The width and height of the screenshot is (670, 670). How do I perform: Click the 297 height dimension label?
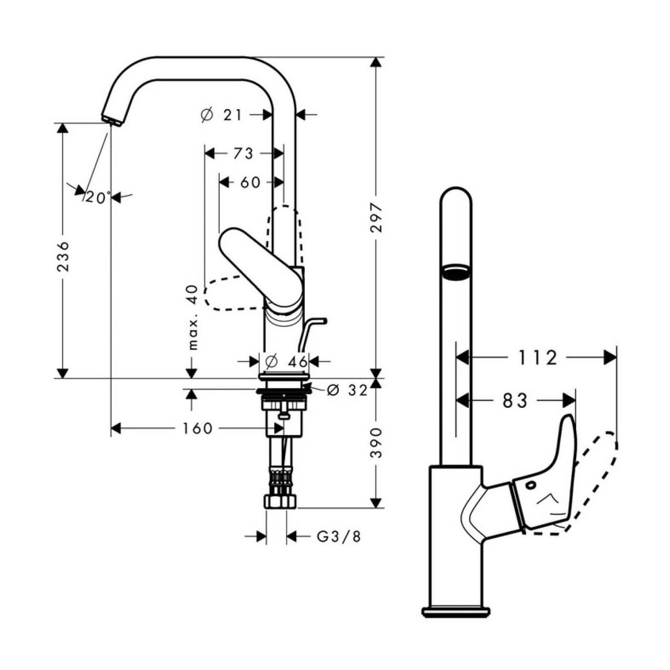(377, 218)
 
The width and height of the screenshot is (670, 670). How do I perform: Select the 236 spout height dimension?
(63, 257)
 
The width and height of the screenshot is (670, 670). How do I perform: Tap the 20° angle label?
(98, 197)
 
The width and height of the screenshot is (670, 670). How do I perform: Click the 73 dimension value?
(243, 154)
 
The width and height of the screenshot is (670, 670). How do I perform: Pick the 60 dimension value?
(250, 182)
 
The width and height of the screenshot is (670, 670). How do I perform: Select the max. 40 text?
(192, 317)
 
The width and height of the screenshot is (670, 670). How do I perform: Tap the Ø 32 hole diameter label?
(347, 390)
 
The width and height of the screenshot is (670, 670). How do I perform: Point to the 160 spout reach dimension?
(197, 428)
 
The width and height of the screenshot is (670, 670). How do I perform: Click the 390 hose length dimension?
(377, 443)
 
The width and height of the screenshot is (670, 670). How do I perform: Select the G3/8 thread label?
(339, 536)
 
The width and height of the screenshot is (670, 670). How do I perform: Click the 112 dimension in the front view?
(538, 357)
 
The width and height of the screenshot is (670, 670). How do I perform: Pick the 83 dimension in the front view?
(515, 401)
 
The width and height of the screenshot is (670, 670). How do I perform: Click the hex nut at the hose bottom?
(280, 502)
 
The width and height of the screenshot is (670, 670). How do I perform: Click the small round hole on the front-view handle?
(531, 485)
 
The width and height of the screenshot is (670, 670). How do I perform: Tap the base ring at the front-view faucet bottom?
(456, 611)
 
